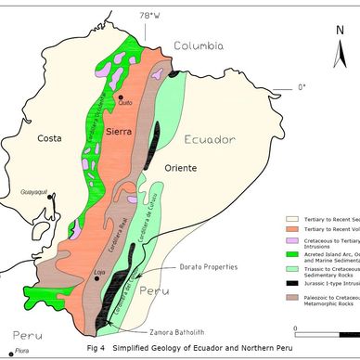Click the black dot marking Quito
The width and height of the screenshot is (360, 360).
(x=121, y=96)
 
